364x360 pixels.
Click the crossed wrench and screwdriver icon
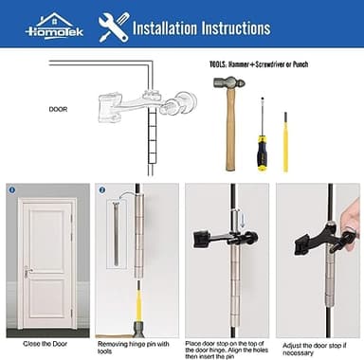click(113, 26)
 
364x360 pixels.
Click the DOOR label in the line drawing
click(58, 109)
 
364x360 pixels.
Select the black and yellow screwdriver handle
click(260, 151)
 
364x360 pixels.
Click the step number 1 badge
click(12, 189)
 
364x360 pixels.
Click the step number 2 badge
click(101, 189)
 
